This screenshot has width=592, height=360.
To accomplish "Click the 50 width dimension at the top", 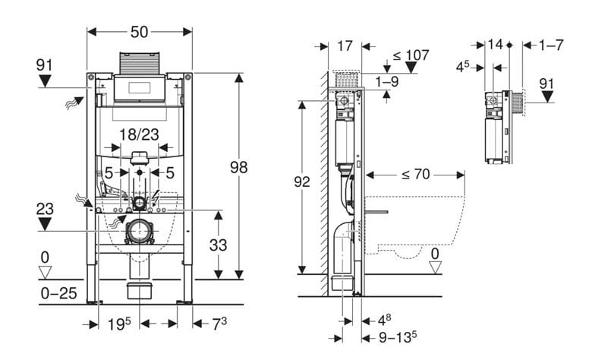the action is click(140, 32).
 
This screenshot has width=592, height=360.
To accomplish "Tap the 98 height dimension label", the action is click(238, 167).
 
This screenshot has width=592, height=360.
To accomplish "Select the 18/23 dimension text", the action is click(140, 134).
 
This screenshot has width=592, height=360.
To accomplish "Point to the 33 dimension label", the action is click(219, 245).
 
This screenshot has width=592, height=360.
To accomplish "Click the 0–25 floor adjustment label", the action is click(59, 293).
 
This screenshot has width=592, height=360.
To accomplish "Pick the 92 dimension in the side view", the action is click(301, 182).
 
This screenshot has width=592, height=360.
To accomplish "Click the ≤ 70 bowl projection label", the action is click(415, 175).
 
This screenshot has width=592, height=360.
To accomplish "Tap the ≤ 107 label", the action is click(411, 55).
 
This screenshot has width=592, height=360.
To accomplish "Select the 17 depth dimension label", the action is click(345, 46).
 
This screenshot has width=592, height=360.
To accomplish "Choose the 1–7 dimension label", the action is click(551, 46).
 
